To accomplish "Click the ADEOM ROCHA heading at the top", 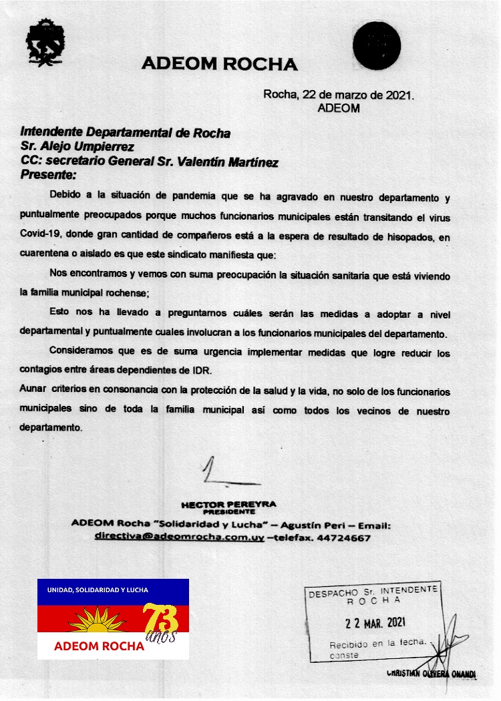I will coord(220,64).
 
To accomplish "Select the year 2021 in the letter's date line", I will coord(399,95).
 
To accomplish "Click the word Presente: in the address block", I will coord(49,176).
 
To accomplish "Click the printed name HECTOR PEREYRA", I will coord(228,504).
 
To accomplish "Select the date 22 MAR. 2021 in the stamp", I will coord(375,623).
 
